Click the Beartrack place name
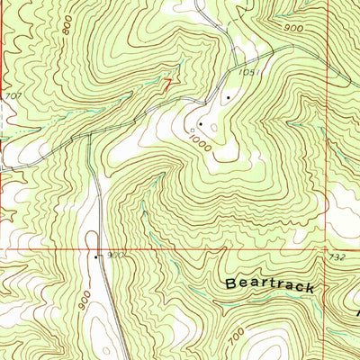tap(269, 285)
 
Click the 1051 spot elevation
tap(247, 74)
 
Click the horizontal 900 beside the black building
tap(113, 256)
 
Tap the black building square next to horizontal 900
tap(96, 256)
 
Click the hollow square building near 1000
tap(192, 131)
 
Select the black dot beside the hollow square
tap(200, 124)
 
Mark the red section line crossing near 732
tap(326, 249)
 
